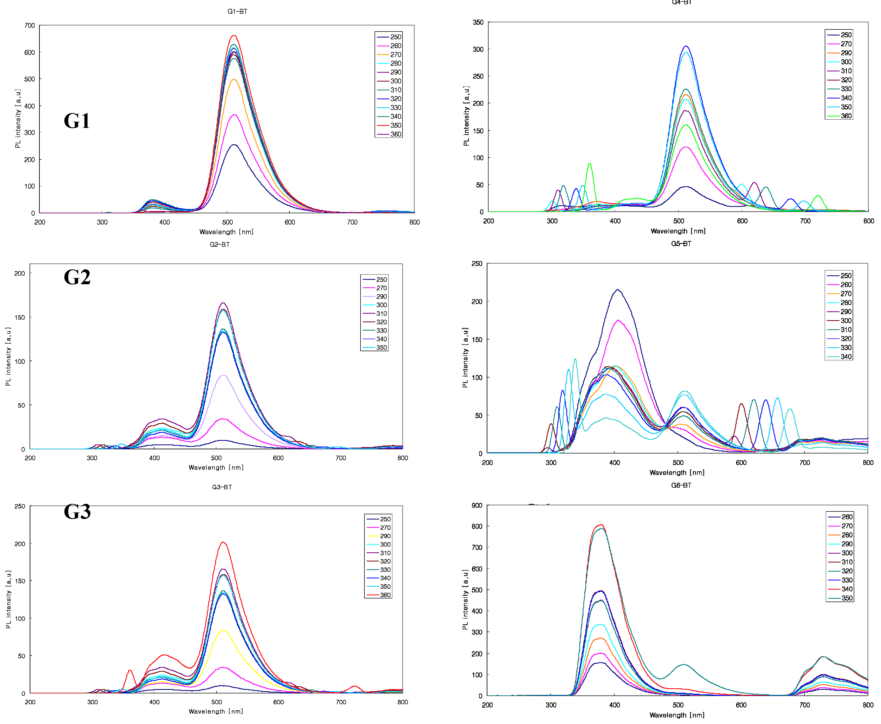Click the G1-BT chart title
click(237, 11)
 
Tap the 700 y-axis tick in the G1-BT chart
click(30, 26)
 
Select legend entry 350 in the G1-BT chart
click(395, 125)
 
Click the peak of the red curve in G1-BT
click(234, 36)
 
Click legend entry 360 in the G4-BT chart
click(846, 116)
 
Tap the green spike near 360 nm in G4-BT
click(590, 164)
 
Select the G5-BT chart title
click(681, 244)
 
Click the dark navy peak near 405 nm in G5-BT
click(617, 290)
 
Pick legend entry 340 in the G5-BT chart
click(846, 357)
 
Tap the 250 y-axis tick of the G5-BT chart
click(476, 264)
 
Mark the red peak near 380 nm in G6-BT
click(601, 525)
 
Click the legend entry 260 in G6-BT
click(846, 517)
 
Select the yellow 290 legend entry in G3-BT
click(385, 536)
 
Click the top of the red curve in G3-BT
click(223, 542)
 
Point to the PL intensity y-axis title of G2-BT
click(8, 357)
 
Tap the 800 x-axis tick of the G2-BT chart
click(402, 458)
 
